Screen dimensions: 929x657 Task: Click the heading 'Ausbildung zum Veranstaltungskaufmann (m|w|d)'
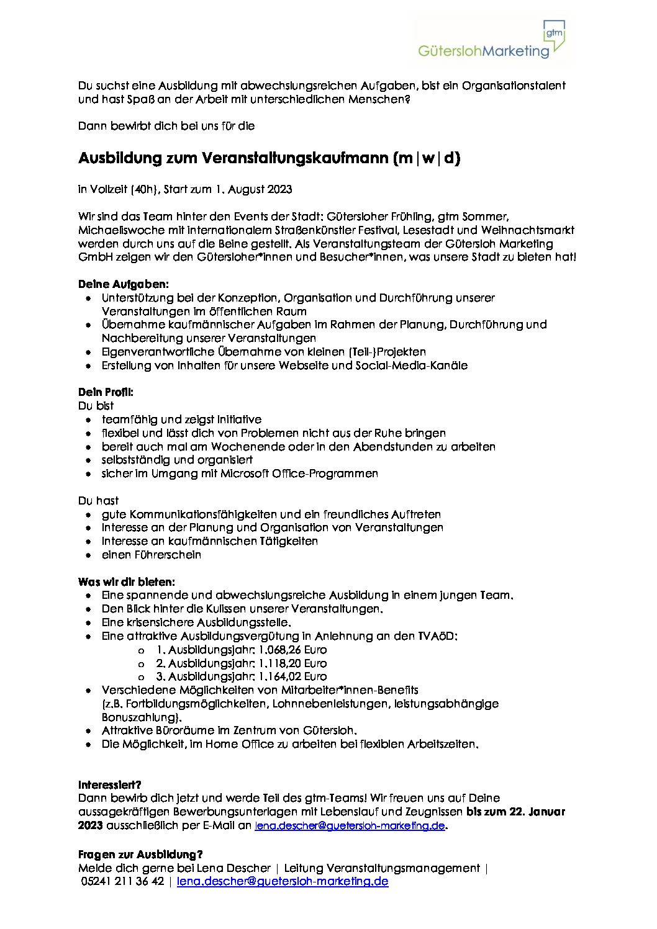270,158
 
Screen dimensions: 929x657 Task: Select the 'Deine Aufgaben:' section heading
124,284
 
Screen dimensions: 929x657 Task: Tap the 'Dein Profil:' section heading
106,392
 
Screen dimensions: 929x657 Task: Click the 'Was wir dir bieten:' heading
127,582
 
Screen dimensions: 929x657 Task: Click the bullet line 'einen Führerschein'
152,555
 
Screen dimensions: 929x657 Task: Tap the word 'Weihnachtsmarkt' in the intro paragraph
532,230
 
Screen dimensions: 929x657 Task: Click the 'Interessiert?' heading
110,785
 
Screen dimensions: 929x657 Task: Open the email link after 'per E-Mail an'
350,825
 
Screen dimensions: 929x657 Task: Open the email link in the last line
283,882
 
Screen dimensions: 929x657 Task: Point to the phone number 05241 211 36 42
122,882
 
